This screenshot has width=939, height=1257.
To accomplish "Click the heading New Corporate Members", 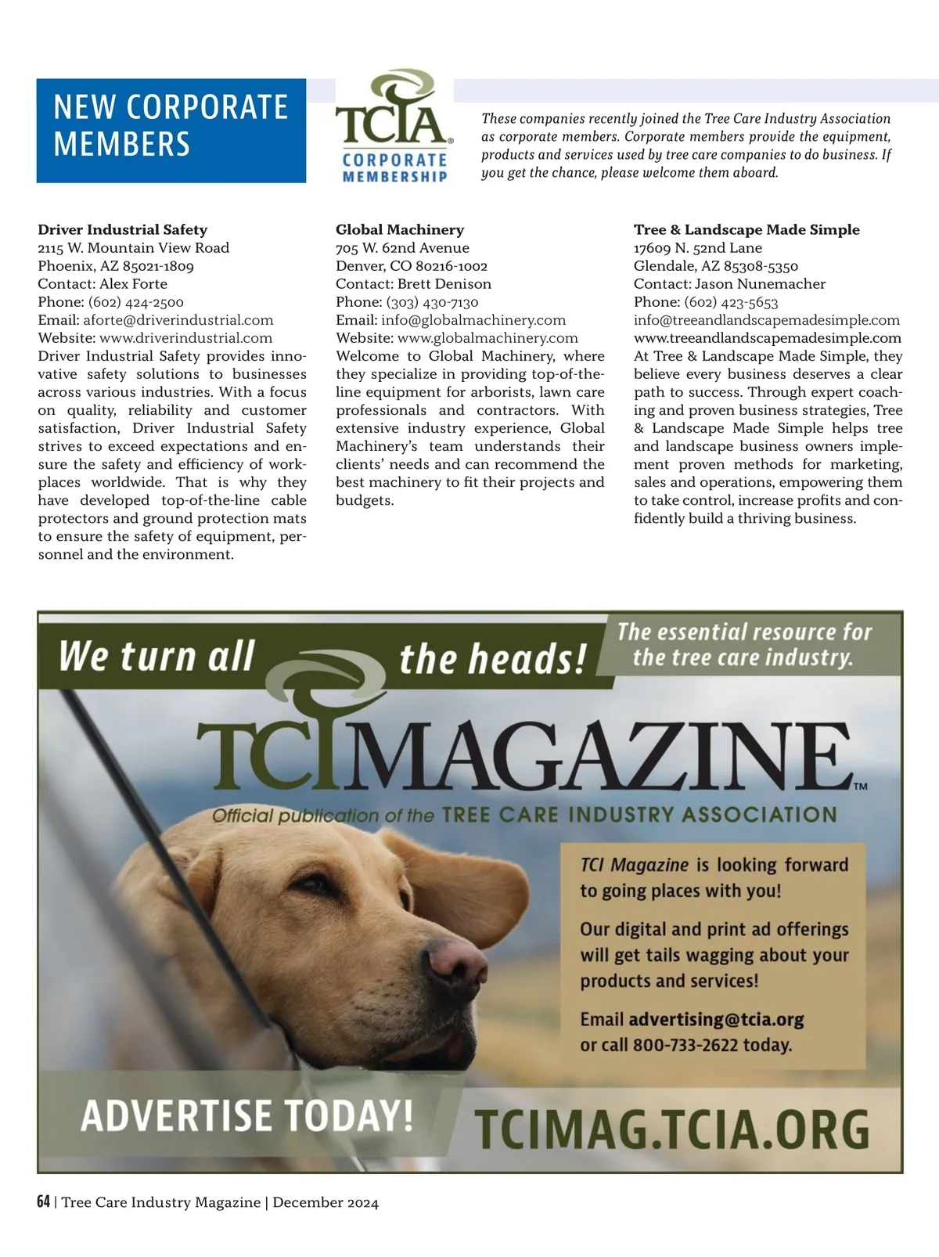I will click(x=171, y=127).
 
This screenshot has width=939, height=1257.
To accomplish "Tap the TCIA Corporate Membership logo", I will click(x=394, y=128).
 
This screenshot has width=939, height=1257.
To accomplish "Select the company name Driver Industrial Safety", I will click(x=123, y=230).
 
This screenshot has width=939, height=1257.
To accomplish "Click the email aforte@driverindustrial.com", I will click(x=178, y=320).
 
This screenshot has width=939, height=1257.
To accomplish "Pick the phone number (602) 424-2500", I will click(x=136, y=302).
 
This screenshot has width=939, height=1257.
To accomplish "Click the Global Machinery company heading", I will click(x=400, y=230).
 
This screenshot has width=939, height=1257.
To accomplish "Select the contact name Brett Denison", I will click(x=444, y=284).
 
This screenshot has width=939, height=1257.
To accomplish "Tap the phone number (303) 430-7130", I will click(x=433, y=302).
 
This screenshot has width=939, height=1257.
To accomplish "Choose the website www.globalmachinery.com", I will click(x=487, y=338).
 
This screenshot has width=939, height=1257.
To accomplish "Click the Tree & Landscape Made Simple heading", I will click(x=747, y=230).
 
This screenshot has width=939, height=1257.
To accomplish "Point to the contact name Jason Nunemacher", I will click(x=760, y=284).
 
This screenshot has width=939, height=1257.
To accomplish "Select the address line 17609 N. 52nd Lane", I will click(x=698, y=248).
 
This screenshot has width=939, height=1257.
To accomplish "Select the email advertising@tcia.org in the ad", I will click(x=716, y=1020).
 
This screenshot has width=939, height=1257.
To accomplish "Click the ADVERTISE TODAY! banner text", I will click(x=246, y=1115).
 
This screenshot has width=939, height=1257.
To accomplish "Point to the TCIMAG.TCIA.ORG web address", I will click(x=672, y=1129).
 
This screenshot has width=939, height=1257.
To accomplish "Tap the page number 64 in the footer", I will click(x=44, y=1202).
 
